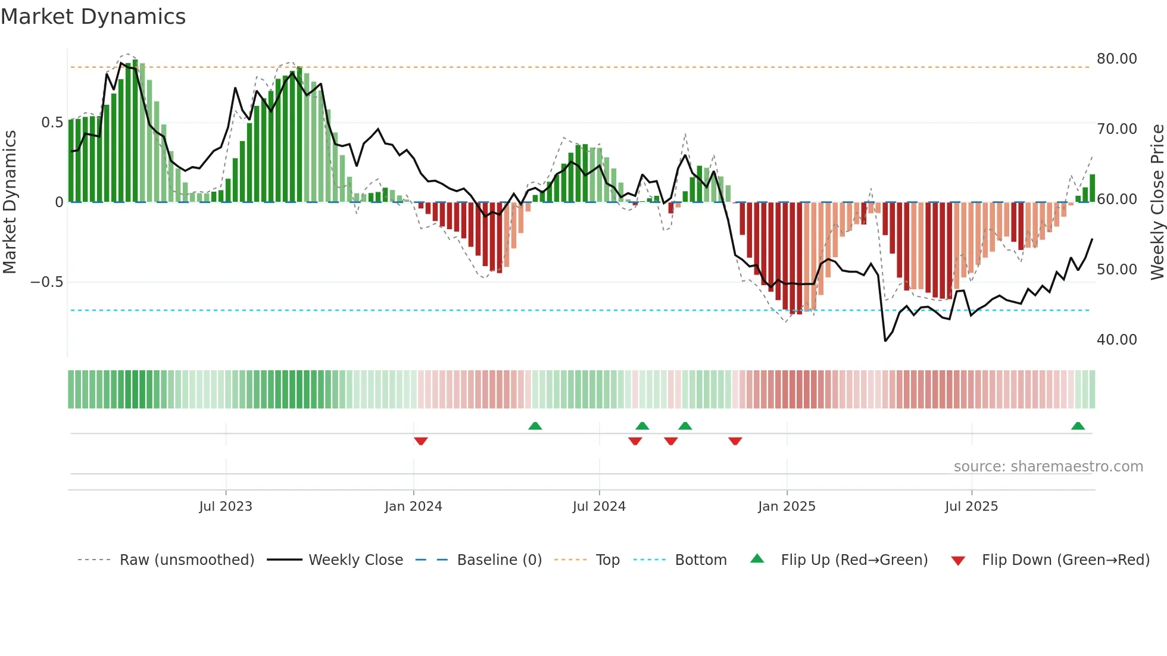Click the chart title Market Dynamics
point(93,17)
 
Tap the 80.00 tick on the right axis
point(1116,59)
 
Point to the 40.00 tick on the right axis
point(1116,340)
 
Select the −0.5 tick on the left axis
point(47,282)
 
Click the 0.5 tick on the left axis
point(52,123)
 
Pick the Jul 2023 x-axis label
point(226,507)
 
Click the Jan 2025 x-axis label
point(787,507)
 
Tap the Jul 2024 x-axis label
point(599,507)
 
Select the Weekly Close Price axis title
point(1157,202)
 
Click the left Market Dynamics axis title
point(10,202)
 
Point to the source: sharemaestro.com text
point(1048,467)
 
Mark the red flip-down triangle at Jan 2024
point(421,441)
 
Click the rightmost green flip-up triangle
point(1078,426)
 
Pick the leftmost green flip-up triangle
point(535,426)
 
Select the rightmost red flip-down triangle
point(735,441)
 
